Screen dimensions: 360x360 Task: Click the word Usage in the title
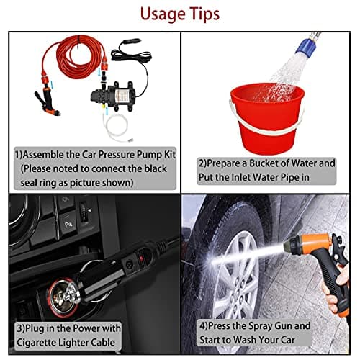click(162, 14)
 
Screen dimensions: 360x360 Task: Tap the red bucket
click(266, 117)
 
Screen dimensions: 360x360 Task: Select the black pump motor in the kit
click(114, 96)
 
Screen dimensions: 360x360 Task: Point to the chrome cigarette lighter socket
click(63, 297)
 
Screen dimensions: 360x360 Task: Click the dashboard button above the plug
click(67, 225)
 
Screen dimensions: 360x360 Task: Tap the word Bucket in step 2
click(264, 163)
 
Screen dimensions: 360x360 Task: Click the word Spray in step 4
click(260, 326)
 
